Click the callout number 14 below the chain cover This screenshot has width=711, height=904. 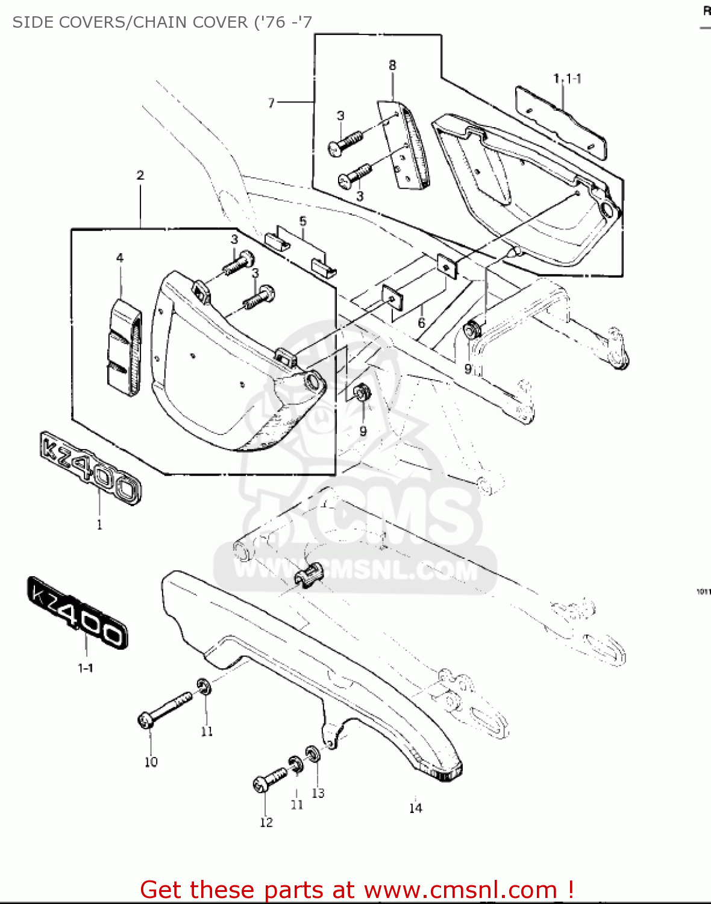click(x=416, y=808)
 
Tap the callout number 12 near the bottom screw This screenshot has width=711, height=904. click(x=266, y=823)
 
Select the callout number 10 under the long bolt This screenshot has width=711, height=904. click(x=151, y=762)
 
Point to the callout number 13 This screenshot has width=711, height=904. click(x=318, y=793)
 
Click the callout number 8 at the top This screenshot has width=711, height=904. click(x=392, y=65)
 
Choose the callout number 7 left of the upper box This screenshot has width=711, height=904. click(x=271, y=103)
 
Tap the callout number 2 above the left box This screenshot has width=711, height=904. click(x=140, y=175)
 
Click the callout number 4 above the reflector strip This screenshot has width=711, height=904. click(x=120, y=258)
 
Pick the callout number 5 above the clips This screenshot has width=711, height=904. click(x=302, y=221)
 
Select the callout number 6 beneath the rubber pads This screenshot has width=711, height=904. click(x=421, y=323)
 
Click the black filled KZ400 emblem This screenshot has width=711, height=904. click(x=78, y=612)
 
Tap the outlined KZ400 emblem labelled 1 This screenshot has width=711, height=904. click(x=90, y=467)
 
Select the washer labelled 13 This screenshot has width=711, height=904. click(x=313, y=753)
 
